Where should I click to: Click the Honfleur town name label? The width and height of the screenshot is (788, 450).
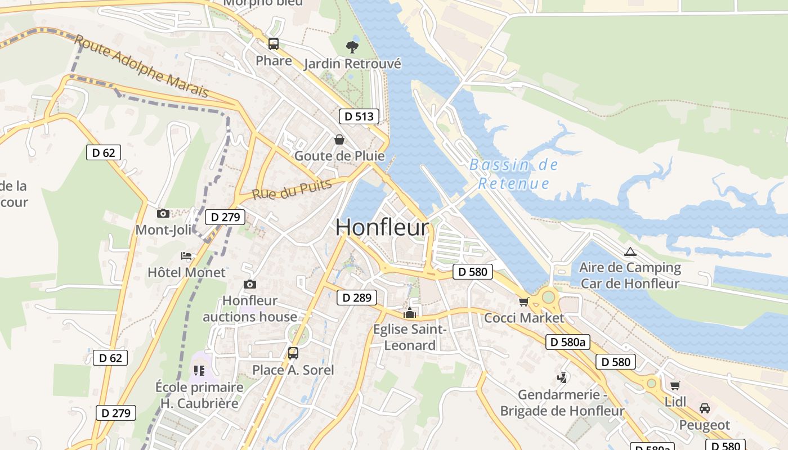(x=382, y=227)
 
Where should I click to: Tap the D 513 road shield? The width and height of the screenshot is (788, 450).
(x=359, y=116)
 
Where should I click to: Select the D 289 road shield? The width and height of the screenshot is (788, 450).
(x=356, y=298)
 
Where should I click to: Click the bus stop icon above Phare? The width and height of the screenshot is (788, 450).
(x=274, y=43)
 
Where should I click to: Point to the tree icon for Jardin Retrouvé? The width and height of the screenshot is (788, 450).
(x=352, y=47)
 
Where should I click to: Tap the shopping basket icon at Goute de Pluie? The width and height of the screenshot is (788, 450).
(x=339, y=139)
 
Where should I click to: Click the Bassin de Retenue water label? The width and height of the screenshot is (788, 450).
(x=513, y=174)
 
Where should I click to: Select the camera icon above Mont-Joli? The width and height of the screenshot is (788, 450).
(x=163, y=213)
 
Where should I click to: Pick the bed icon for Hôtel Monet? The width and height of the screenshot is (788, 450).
(x=186, y=256)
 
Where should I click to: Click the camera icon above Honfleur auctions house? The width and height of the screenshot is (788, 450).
(x=250, y=285)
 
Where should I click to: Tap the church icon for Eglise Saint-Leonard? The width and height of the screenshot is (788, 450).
(x=410, y=313)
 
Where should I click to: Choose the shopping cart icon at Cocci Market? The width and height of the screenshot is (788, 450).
(x=524, y=301)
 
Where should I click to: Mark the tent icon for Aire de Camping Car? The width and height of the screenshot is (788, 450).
(x=630, y=251)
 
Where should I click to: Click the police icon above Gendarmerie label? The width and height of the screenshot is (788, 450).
(x=562, y=377)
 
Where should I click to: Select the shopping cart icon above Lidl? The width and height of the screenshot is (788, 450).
(x=675, y=385)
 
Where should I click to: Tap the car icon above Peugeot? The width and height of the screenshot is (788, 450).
(x=704, y=408)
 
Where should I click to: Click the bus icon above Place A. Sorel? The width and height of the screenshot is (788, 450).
(x=293, y=353)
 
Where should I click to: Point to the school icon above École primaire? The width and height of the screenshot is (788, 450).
(x=199, y=370)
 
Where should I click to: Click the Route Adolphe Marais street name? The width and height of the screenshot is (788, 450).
(x=141, y=66)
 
